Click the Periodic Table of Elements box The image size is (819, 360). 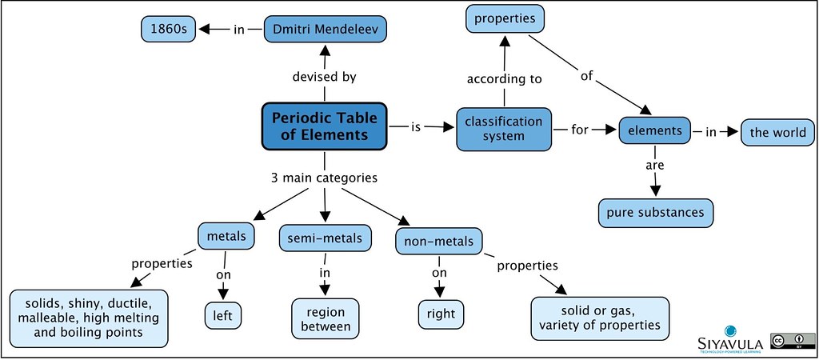coord(324,126)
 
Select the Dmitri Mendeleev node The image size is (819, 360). coord(326,30)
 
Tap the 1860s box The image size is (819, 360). coord(167,30)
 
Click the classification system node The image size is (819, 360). coord(504,129)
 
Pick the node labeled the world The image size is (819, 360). coord(777,131)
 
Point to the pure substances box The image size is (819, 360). coord(655,212)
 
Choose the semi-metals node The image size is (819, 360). coord(326,238)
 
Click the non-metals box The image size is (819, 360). coord(439,241)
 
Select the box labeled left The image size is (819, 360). coord(223,314)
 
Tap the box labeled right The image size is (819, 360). coord(441,314)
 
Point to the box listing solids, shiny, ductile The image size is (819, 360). coord(90,318)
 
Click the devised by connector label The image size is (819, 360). coord(325,78)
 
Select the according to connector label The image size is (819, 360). coord(505,78)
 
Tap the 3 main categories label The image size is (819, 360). coord(325,178)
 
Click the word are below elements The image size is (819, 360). coord(655,166)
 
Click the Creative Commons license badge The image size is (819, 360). coord(787,339)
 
